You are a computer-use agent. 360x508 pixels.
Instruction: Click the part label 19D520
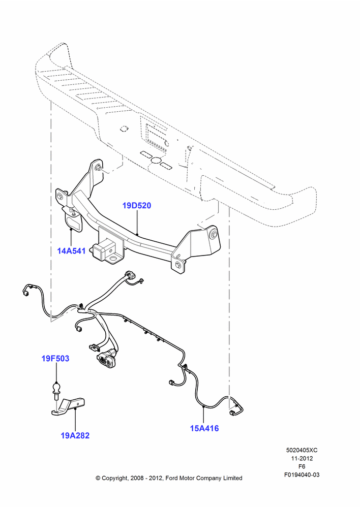[x=137, y=206]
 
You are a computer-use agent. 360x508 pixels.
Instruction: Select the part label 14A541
[x=71, y=251]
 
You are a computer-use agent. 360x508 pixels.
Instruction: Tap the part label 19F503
[x=55, y=358]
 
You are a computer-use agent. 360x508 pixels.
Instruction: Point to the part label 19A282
[x=75, y=435]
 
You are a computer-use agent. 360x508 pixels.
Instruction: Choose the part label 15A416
[x=204, y=428]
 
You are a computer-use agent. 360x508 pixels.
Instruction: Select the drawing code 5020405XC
[x=302, y=450]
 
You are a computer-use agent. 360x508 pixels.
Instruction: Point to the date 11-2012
[x=302, y=458]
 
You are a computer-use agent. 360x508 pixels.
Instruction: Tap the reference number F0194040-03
[x=302, y=475]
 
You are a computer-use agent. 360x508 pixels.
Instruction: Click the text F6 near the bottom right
[x=302, y=466]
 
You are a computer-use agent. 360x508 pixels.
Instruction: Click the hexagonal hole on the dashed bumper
[x=123, y=129]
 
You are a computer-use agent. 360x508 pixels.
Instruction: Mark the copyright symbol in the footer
[x=98, y=478]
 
